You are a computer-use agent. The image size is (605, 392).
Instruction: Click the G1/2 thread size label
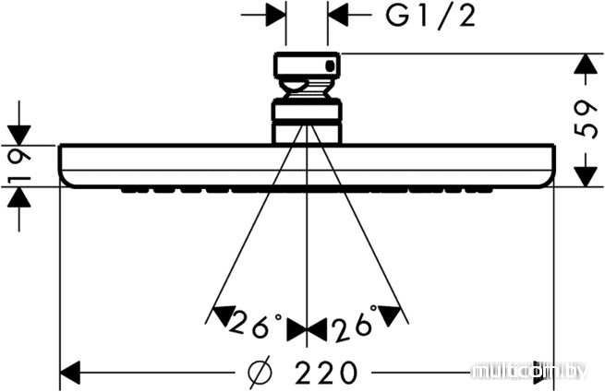click(430, 16)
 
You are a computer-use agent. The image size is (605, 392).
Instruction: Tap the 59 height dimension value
click(587, 119)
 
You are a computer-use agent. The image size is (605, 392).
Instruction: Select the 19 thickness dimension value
click(19, 166)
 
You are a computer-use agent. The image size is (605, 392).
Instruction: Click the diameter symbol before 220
click(260, 372)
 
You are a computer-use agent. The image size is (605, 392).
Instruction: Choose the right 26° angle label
click(355, 323)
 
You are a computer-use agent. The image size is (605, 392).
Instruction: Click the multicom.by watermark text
click(530, 372)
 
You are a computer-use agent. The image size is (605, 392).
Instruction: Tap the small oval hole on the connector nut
click(330, 65)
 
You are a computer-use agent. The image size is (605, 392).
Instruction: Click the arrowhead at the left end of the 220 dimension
click(70, 373)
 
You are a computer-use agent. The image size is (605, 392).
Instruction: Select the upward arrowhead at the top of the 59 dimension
click(587, 64)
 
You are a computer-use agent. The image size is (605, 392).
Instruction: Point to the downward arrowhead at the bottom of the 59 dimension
click(587, 176)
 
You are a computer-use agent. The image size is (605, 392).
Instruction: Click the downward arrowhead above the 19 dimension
click(19, 136)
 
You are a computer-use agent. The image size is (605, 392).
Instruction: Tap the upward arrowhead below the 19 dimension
click(19, 197)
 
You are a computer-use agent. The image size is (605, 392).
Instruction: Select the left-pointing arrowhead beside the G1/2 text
click(338, 16)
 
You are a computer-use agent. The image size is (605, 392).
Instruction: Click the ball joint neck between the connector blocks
click(308, 89)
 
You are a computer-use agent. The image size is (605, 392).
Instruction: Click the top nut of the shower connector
click(308, 65)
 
